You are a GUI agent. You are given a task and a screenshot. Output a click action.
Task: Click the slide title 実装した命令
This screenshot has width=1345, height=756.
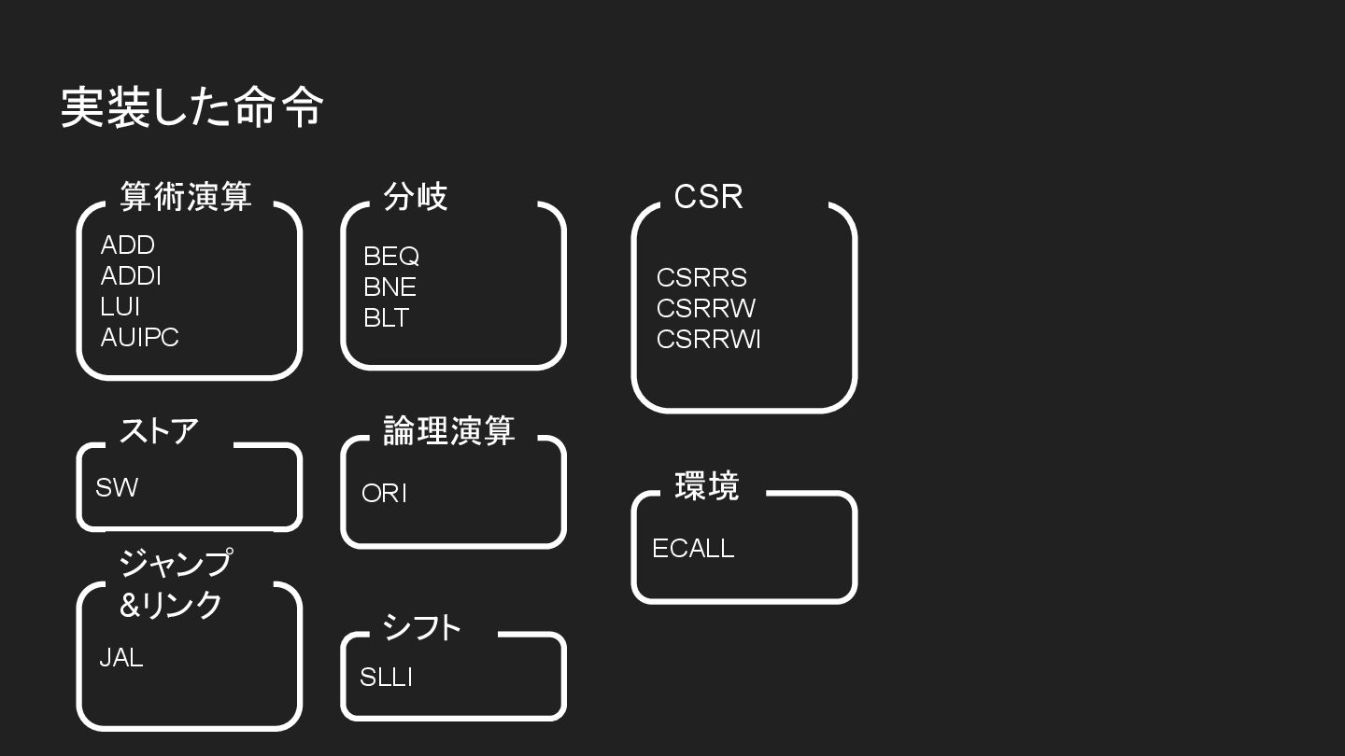tap(192, 107)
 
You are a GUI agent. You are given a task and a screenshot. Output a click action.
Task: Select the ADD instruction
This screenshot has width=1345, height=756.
tap(127, 245)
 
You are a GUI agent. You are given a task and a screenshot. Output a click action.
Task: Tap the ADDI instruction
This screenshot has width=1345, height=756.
tap(131, 276)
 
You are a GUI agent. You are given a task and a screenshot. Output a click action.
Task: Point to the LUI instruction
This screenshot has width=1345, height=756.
tap(120, 307)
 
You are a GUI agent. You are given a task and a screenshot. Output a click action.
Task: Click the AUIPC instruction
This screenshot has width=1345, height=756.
tap(139, 338)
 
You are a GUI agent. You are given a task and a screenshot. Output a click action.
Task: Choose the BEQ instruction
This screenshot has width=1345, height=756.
tap(390, 257)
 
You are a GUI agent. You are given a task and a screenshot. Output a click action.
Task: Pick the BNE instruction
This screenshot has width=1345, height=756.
tap(389, 287)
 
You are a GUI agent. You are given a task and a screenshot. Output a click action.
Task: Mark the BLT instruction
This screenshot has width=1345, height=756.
tap(386, 318)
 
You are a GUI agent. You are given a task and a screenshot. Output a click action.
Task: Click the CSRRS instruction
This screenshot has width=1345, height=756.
tap(701, 278)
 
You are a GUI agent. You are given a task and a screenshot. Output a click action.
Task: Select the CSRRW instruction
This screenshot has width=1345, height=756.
tap(706, 309)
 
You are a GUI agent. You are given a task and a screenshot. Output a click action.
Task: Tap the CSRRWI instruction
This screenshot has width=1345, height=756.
tap(708, 340)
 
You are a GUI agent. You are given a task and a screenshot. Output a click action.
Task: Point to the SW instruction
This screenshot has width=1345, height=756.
tap(116, 487)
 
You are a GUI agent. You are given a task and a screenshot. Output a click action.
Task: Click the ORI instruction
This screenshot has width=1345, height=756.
tap(384, 494)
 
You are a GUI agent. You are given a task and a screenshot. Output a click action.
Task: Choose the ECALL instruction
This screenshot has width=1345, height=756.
tap(693, 549)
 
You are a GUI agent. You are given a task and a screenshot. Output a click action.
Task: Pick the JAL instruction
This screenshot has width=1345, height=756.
tap(121, 658)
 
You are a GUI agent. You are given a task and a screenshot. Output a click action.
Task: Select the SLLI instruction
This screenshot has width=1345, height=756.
tap(386, 678)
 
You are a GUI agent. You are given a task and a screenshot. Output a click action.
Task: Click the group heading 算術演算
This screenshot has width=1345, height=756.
tap(186, 197)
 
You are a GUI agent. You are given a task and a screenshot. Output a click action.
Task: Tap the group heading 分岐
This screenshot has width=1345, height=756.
tap(416, 197)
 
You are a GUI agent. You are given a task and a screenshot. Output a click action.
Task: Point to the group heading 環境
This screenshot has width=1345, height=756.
tap(706, 486)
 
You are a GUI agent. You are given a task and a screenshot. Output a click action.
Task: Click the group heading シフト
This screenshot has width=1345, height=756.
tap(421, 627)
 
